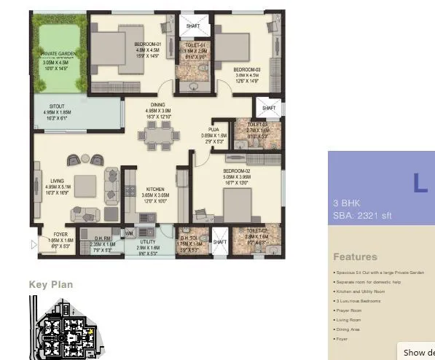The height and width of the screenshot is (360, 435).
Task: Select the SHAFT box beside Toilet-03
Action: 269,108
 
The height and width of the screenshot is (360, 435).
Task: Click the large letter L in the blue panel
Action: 420,183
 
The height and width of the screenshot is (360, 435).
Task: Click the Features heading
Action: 355,257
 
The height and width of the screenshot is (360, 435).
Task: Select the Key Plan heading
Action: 50,284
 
